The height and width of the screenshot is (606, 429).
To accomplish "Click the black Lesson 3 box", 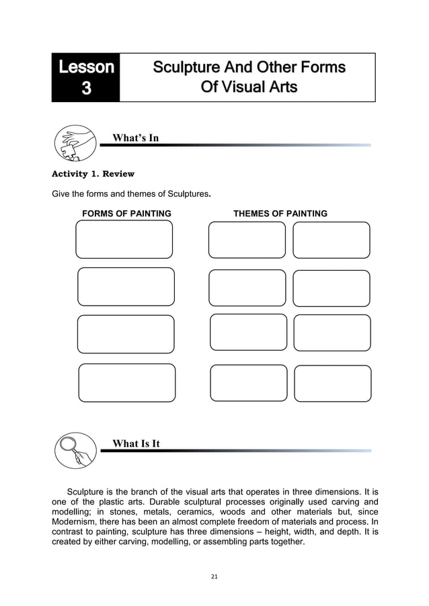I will tap(86, 77).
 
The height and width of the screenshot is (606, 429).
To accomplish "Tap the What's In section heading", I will tap(135, 138).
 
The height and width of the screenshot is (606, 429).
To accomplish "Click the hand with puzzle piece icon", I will tap(75, 142).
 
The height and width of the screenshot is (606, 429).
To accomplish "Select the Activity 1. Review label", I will tap(93, 174).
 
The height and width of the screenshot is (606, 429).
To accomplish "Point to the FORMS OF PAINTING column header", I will tap(126, 214).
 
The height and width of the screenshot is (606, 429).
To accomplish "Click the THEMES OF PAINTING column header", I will tap(280, 214).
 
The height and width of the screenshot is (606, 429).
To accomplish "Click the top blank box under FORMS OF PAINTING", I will tap(124, 239).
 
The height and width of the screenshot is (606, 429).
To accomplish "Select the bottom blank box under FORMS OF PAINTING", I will tap(127, 383).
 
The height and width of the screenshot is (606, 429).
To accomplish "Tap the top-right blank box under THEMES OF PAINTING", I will tap(331, 240).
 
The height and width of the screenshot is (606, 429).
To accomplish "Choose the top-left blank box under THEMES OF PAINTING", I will tap(247, 240).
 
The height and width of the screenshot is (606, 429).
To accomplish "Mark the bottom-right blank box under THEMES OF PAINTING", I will tap(333, 383).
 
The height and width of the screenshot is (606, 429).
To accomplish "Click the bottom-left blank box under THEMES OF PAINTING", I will tap(249, 383).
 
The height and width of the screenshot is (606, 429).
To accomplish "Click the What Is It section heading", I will tap(136, 443).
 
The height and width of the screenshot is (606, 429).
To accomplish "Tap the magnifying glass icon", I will tap(75, 451).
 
